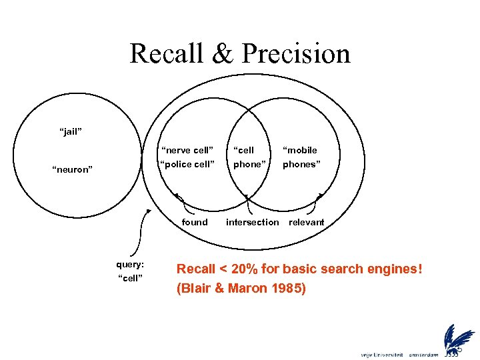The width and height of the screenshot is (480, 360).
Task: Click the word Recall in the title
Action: point(167,53)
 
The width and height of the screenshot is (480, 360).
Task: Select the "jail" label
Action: point(71,132)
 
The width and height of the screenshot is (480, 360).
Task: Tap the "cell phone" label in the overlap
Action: point(249,157)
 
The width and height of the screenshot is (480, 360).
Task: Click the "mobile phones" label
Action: point(301,157)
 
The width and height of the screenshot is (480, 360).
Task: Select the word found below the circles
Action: point(195,222)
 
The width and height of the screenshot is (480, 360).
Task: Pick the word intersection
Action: point(252,222)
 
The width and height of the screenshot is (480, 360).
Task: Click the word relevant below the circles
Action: point(306,222)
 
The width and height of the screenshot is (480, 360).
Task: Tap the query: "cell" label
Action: point(130,271)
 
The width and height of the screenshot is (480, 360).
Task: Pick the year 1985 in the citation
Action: point(287,289)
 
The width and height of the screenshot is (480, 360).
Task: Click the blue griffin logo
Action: point(458,338)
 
